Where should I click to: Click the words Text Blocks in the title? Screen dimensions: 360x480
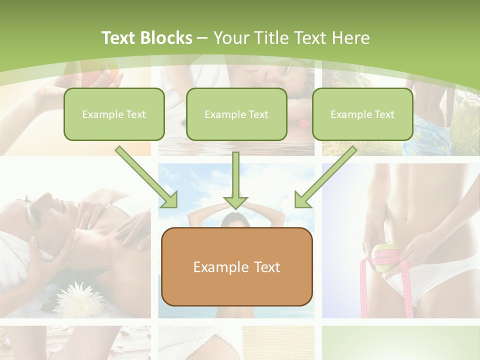coord(146,38)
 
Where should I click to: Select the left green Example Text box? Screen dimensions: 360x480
coord(114,114)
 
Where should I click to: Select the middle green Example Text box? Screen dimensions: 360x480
coord(236,114)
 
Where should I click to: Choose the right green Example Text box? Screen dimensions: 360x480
coord(362,114)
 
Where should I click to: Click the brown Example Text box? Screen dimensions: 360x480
coord(236,266)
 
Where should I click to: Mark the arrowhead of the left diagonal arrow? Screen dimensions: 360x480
coord(170,200)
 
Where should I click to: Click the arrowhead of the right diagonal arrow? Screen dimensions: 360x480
coord(302,200)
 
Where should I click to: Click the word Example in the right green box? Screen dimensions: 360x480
coord(349,114)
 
